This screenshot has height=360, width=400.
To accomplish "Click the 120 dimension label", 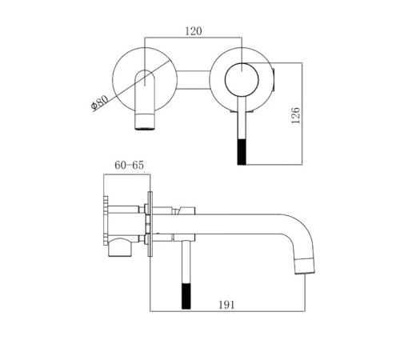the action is (194, 31).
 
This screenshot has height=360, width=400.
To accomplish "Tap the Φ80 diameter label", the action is (99, 102).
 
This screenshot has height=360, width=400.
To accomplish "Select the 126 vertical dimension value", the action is (295, 115).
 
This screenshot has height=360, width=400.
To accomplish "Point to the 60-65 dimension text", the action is (129, 166).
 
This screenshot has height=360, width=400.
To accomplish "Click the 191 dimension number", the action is (226, 305).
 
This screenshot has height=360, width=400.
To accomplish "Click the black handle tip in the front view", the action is (242, 152).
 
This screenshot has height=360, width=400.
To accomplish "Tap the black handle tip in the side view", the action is (186, 296).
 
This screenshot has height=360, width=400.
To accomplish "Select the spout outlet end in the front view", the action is (145, 122).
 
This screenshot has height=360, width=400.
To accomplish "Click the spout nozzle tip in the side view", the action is (305, 266).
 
